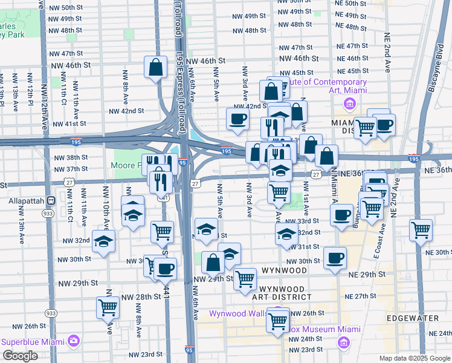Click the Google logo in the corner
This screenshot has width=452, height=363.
[x=20, y=356]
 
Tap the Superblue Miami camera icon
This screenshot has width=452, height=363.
[x=73, y=341]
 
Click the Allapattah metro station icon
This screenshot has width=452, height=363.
[x=52, y=200]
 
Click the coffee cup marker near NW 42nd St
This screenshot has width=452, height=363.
[x=237, y=119]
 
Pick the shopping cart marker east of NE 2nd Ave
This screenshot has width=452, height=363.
[x=420, y=231]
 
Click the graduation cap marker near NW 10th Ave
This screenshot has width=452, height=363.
[x=104, y=241]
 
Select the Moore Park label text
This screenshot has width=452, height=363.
[x=126, y=165]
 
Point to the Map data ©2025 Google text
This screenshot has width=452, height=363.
[x=414, y=358]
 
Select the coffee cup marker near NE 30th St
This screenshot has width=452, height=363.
[x=334, y=258]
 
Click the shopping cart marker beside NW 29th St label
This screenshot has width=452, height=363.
[x=245, y=279]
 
